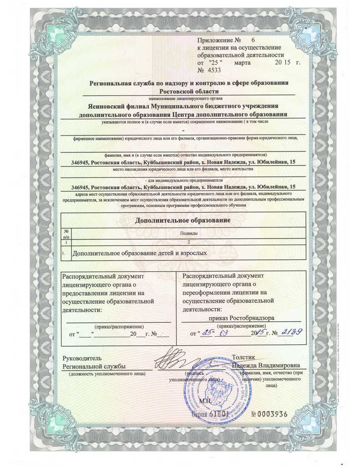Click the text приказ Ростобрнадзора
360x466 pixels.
pos(242,318)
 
